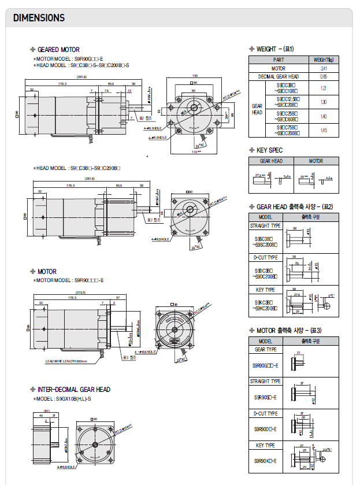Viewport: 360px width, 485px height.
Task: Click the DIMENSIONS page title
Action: tap(39, 18)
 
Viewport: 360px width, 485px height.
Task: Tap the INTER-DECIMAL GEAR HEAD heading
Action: tap(73, 390)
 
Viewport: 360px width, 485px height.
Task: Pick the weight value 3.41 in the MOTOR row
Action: tap(323, 68)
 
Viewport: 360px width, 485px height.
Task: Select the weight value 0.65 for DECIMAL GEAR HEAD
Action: tap(323, 76)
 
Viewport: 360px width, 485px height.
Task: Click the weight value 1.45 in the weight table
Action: tap(323, 130)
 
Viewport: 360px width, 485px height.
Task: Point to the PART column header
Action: tap(279, 60)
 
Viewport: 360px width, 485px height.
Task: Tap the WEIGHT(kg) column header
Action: tap(323, 60)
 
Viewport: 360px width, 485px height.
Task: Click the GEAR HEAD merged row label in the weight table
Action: tap(257, 109)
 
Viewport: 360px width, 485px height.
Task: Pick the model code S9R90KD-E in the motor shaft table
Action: tap(265, 461)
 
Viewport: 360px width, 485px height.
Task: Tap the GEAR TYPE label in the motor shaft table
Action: tap(265, 349)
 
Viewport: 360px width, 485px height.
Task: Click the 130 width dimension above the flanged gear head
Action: tap(195, 76)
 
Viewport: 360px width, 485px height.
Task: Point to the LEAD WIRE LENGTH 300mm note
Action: tap(66, 361)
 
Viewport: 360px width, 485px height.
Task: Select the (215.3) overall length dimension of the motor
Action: tap(80, 293)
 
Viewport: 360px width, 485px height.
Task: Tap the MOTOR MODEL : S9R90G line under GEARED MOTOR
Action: tap(69, 59)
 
